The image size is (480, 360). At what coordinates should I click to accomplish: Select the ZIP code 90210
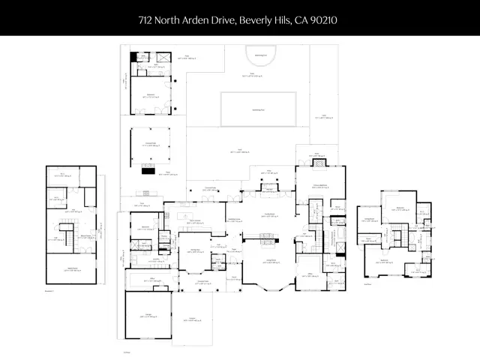coord(324,19)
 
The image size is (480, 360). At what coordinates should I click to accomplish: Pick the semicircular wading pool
coord(260,58)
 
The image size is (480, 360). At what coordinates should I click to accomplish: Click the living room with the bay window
coord(268,270)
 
